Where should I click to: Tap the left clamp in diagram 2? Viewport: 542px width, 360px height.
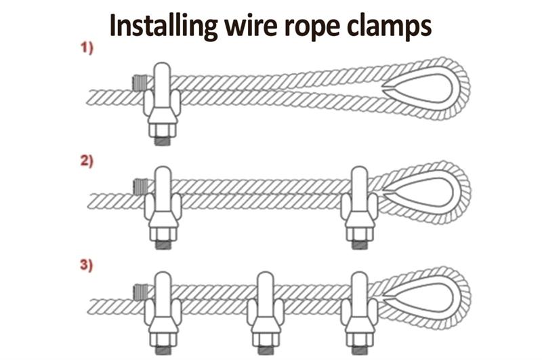[x=163, y=203]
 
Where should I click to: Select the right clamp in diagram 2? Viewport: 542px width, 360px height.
[x=356, y=203]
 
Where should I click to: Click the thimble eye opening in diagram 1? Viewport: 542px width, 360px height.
[x=423, y=89]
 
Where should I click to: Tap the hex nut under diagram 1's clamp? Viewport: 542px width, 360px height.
[x=162, y=130]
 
